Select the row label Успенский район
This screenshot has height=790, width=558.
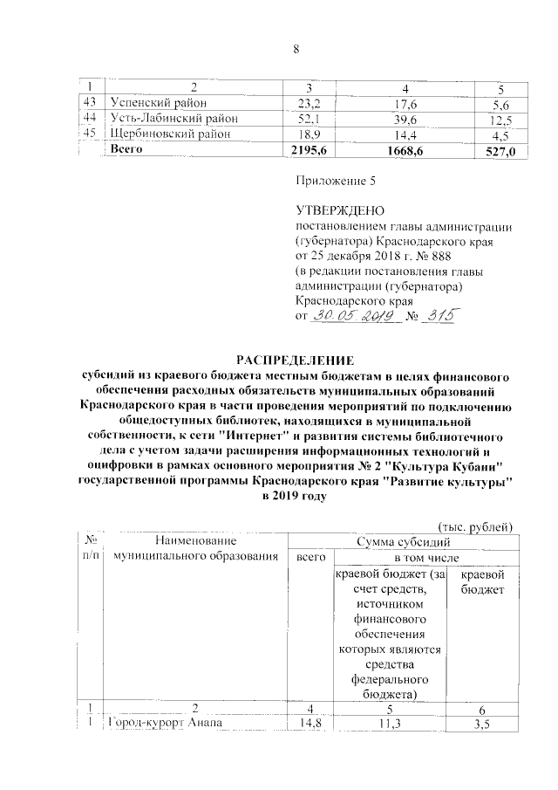pos(159,103)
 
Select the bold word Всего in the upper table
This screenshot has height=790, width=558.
pos(127,150)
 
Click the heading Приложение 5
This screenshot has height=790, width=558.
pos(336,182)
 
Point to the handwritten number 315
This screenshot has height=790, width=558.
pos(435,317)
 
